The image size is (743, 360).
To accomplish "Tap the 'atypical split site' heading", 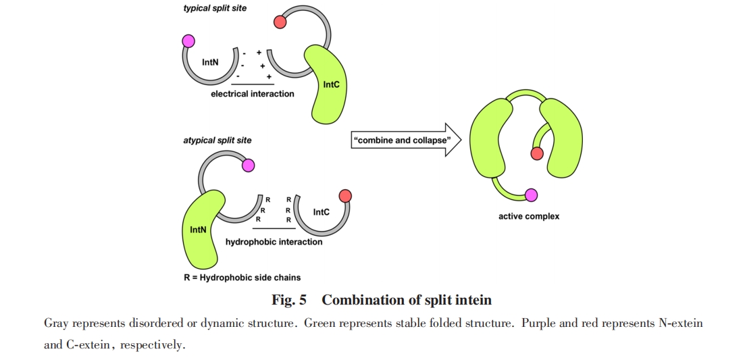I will [217, 140].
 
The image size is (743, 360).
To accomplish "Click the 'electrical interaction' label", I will [253, 94].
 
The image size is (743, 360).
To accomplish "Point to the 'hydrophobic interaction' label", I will [274, 242].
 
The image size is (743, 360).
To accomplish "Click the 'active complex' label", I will [529, 217].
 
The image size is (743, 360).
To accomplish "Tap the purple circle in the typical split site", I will [188, 41].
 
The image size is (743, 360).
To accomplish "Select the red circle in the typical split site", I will [279, 22].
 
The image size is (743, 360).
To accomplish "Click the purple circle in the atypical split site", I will [248, 165].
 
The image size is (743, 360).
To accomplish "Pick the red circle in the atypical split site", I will [345, 197].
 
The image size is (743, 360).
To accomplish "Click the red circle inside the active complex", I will [537, 153].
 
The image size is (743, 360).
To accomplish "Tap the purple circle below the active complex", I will [531, 196].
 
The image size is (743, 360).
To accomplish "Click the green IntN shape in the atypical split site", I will [201, 230].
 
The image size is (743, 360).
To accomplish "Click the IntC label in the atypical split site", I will [322, 212].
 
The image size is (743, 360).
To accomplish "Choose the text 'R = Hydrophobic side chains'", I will [242, 277].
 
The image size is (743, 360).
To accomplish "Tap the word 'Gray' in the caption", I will [56, 324].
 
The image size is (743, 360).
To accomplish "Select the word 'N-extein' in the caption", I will [680, 324].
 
